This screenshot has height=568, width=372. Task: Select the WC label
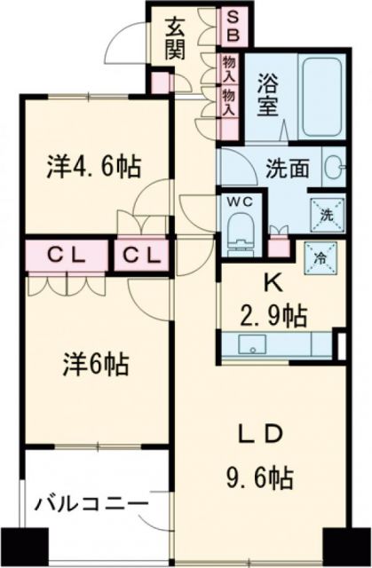[242, 201]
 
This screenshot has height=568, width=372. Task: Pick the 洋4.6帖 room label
[97, 166]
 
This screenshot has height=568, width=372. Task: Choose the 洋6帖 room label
[94, 364]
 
